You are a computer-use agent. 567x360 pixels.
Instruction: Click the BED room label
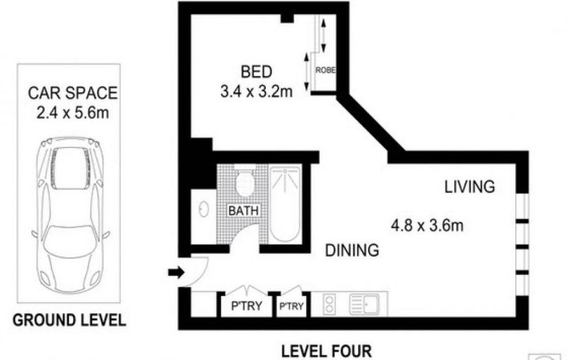coord(257,72)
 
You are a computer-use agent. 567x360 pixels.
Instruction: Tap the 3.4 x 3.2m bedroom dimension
coord(257,92)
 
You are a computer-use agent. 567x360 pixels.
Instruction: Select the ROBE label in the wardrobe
coord(325,70)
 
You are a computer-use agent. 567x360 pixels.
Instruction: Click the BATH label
coord(243,210)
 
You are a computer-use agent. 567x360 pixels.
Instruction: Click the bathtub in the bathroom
coord(285,204)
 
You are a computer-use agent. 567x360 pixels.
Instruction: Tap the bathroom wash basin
coord(204,209)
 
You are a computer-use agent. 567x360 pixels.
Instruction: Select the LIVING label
coord(469,187)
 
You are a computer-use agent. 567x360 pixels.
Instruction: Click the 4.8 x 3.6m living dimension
coord(427,226)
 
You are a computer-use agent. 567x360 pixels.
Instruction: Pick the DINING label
coord(352,250)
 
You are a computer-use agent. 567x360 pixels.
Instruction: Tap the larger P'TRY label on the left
coord(246,305)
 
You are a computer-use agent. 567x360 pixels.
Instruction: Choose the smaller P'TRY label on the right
coord(291,307)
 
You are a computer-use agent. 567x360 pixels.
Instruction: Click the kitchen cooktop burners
coord(329,304)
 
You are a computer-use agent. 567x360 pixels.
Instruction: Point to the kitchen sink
coord(364,304)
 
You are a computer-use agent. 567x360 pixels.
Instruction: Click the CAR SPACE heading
coord(73,93)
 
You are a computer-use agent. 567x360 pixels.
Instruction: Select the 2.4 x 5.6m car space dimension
coord(73,113)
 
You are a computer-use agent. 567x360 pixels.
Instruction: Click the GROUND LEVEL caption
coord(69,320)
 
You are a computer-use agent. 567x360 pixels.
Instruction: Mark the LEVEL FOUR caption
coord(327,351)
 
